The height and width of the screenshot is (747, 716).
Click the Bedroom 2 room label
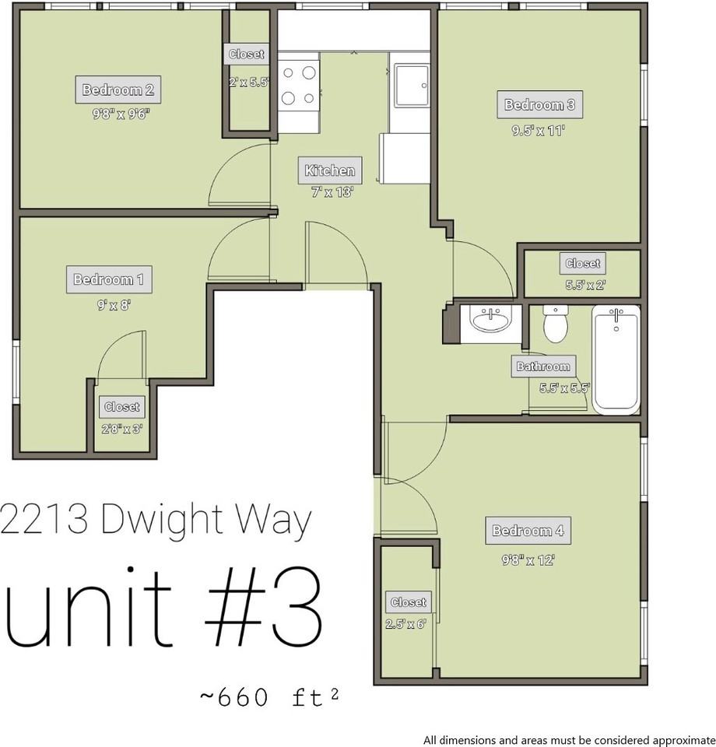(x=118, y=89)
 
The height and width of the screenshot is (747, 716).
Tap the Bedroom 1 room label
(x=109, y=279)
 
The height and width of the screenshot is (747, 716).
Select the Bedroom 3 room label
(x=540, y=104)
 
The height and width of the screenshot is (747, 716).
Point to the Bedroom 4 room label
(x=528, y=530)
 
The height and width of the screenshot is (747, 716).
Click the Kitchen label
(x=330, y=170)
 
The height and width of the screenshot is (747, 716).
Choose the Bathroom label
(x=543, y=366)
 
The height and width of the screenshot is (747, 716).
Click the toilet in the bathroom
(x=556, y=324)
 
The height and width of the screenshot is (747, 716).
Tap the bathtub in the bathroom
(x=616, y=359)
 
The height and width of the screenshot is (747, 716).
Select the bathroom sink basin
(x=490, y=319)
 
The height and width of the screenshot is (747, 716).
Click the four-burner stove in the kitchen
(x=299, y=86)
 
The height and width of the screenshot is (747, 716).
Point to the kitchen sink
(x=412, y=86)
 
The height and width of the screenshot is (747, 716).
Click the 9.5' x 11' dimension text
(x=539, y=130)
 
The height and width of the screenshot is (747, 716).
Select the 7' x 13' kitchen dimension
(x=332, y=192)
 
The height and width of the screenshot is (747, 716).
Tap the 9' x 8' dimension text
(x=114, y=305)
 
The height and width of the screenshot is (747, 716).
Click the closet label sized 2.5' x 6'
(x=409, y=602)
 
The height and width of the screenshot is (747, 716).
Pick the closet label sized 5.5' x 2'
(x=583, y=264)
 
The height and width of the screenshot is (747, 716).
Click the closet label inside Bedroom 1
(x=122, y=407)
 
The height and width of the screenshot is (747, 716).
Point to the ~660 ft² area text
(x=269, y=697)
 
